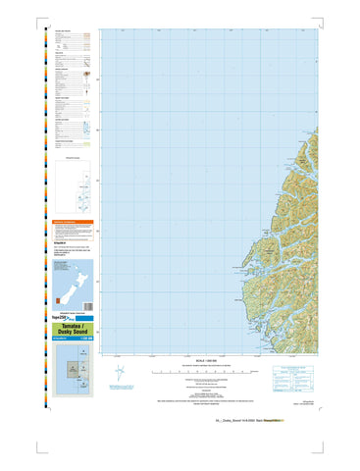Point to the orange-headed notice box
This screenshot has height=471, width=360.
pos(74,229)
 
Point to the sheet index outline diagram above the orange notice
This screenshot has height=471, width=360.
pos(74,185)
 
